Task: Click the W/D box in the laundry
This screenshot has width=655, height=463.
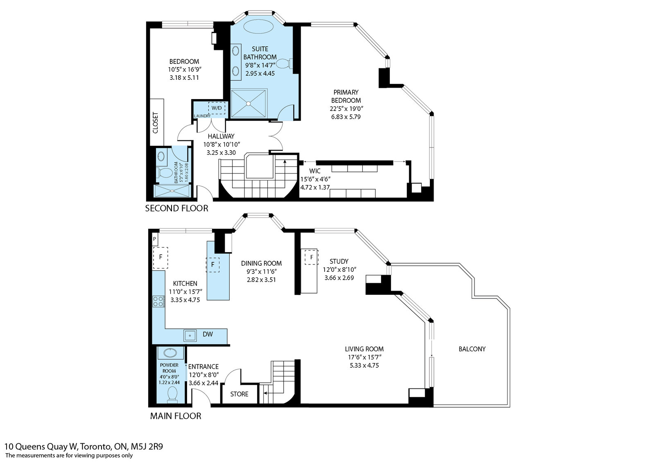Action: coord(217,108)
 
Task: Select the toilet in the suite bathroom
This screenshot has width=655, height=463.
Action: coord(284,63)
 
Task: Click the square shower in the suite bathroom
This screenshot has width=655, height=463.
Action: coord(249,104)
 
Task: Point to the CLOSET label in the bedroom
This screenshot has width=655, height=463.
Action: coord(155,122)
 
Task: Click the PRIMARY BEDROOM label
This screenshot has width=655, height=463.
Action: coord(346,96)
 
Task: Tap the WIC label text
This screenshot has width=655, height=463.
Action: coord(315,171)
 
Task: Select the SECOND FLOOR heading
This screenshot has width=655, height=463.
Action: coord(176,208)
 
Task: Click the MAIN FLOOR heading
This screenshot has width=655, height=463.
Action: coord(176,416)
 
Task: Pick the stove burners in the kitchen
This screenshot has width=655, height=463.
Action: coord(158,302)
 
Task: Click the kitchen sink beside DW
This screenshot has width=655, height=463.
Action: coord(190,335)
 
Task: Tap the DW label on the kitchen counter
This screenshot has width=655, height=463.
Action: coord(208,334)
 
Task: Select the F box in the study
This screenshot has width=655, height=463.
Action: coord(312,257)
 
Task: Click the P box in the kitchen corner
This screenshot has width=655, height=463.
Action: coord(155,239)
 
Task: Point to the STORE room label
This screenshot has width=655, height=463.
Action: coord(239,394)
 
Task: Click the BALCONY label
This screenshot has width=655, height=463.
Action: coord(472,349)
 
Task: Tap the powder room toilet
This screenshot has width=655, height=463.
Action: coord(172,394)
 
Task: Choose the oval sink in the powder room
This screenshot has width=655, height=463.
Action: coord(170,353)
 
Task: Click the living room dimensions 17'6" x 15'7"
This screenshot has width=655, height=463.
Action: coord(364,357)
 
